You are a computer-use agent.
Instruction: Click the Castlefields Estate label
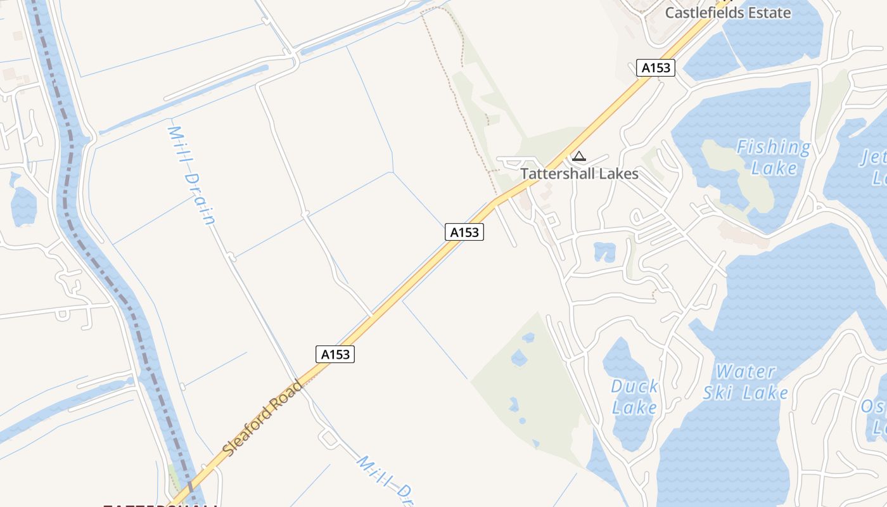(728, 12)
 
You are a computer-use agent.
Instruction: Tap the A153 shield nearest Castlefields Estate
(656, 68)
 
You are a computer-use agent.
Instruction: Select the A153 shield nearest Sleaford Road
(335, 354)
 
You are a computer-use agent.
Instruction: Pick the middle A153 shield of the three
(464, 232)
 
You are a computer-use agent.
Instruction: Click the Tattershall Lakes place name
(579, 174)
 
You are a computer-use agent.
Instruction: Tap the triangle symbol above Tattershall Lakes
(578, 156)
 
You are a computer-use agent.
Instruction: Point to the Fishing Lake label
(773, 157)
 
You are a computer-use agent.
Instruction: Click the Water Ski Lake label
(745, 382)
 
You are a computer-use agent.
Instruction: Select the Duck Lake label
(634, 396)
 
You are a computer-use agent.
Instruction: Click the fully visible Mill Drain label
(191, 176)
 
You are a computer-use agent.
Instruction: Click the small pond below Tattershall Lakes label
(604, 252)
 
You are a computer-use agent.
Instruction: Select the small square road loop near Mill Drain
(329, 438)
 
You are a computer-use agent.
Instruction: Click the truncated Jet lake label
(874, 166)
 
